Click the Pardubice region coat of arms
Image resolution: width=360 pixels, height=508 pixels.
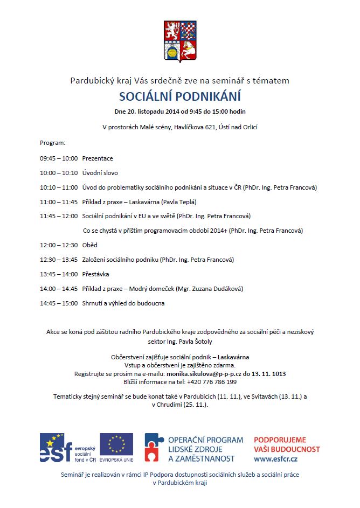pyautogui.click(x=180, y=40)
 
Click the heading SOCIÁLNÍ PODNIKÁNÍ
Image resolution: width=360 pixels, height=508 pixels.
pyautogui.click(x=180, y=96)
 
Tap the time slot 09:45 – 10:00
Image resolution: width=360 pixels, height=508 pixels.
pyautogui.click(x=58, y=158)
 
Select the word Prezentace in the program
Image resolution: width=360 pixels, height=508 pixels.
pyautogui.click(x=98, y=158)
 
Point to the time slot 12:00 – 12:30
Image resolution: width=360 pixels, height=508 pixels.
pyautogui.click(x=58, y=245)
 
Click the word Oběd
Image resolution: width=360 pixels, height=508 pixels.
pyautogui.click(x=89, y=245)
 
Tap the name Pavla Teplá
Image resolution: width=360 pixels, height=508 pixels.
pyautogui.click(x=177, y=202)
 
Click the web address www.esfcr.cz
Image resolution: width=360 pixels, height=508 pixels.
pyautogui.click(x=277, y=459)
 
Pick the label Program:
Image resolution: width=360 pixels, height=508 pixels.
pyautogui.click(x=52, y=143)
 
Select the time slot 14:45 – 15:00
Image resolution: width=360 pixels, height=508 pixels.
pyautogui.click(x=58, y=303)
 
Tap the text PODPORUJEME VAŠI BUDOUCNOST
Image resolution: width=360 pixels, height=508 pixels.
pyautogui.click(x=287, y=444)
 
